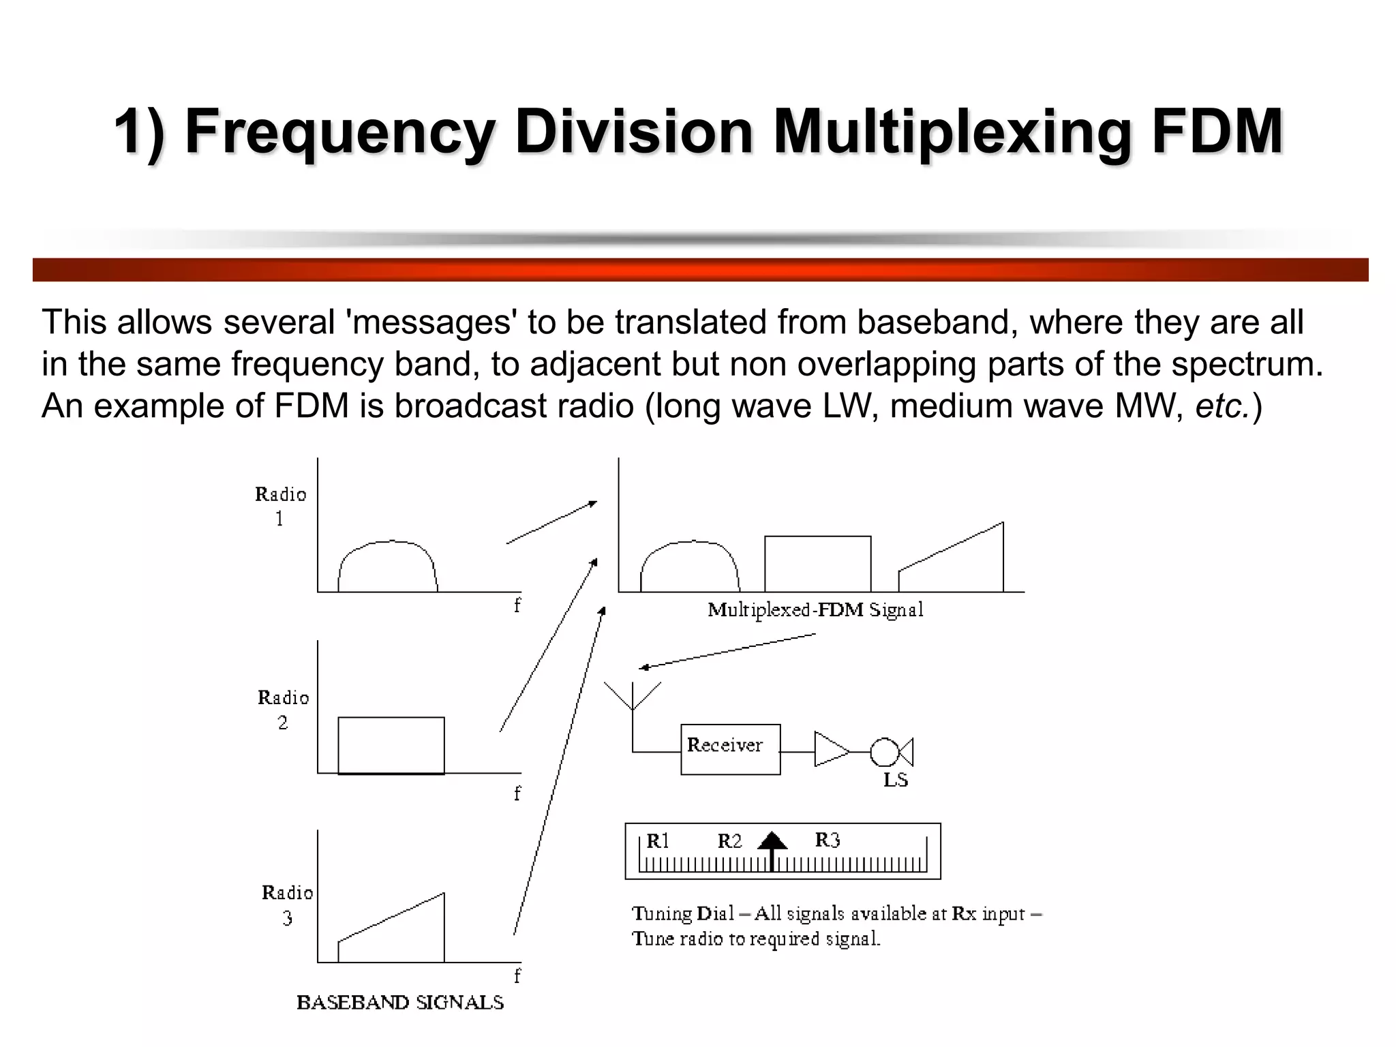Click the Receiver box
(730, 748)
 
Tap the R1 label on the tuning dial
(658, 841)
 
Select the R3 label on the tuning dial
(827, 840)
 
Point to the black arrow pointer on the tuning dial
(772, 845)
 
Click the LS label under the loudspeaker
(895, 780)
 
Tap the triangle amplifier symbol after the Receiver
(830, 750)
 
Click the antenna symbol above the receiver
(633, 699)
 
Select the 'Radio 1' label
(280, 506)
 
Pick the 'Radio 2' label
(283, 710)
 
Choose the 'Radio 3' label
(287, 905)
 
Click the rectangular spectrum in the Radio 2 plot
(391, 745)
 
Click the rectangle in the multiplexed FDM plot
(817, 564)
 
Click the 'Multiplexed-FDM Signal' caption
(815, 609)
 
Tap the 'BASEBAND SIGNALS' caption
(400, 1002)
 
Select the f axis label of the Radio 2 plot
(517, 793)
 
